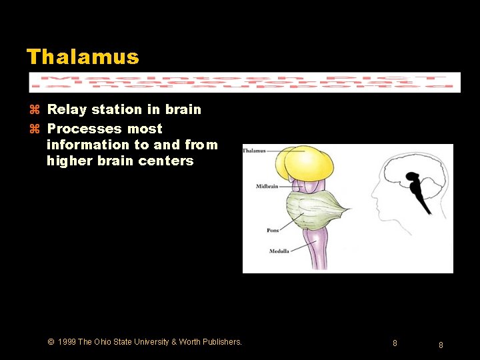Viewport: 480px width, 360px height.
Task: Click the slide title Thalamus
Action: coord(83,57)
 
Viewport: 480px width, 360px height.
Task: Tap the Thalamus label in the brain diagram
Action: coord(255,151)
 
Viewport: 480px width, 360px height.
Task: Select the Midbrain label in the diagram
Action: coord(267,187)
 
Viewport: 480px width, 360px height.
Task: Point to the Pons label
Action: coord(273,231)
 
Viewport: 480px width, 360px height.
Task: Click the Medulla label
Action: coord(278,251)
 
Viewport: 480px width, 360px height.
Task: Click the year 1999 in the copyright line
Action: coord(67,342)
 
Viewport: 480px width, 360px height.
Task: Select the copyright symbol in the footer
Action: coord(51,342)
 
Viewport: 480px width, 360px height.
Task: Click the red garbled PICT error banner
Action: coord(244,82)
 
